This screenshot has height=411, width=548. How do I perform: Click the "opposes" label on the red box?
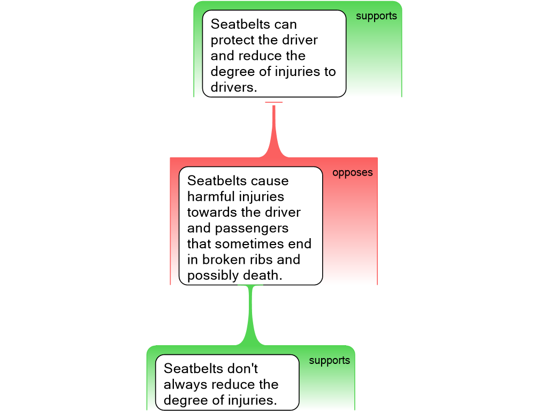tap(352, 173)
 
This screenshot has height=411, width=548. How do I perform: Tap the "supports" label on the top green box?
tap(376, 16)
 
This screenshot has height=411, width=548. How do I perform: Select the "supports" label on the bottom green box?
tap(329, 361)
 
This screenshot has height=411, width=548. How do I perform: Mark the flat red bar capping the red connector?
tap(273, 102)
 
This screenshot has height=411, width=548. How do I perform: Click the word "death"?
tap(262, 275)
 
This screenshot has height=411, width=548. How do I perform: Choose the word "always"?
tap(186, 384)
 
